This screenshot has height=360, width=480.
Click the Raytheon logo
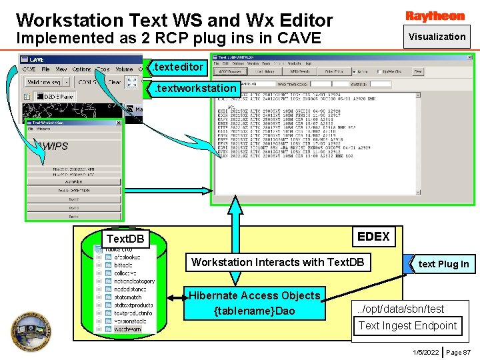pos(435,16)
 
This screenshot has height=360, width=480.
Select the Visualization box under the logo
pos(437,37)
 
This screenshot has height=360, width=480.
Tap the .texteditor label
pos(177,67)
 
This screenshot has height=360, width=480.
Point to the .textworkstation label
pos(195,88)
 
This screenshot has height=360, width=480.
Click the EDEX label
pos(373,236)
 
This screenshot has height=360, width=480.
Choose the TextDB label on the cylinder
pos(125,239)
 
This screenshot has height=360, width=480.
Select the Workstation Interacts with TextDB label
pos(277,262)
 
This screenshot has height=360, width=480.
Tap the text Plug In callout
pos(443,264)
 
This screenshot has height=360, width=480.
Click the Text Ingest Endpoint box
pos(407,325)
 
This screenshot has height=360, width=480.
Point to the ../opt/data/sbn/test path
pos(400,309)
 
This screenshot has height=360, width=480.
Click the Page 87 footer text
pos(458,351)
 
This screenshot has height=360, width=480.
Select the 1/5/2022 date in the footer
pos(425,351)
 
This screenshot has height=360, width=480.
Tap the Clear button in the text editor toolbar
pos(114,82)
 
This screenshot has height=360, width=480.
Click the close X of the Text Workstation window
pos(117,123)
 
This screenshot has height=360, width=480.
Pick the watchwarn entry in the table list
pos(127,329)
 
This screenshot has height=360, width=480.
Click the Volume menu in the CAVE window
pos(124,69)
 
